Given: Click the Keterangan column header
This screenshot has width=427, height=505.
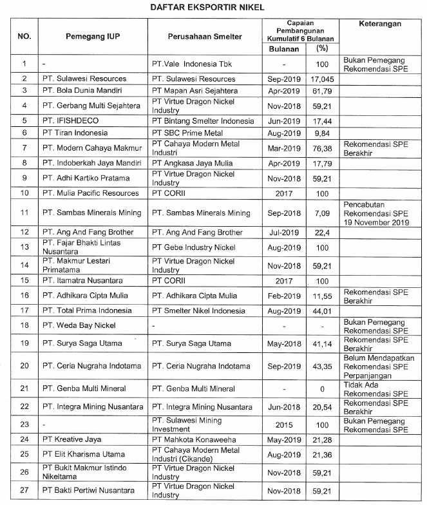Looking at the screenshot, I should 379,24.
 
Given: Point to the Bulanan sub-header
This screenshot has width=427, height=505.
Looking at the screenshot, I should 283,48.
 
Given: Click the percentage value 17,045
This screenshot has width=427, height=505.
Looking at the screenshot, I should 322,79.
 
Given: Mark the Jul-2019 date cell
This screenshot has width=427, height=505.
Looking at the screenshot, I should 283,232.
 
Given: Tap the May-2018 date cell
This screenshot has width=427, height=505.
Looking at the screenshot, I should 283,343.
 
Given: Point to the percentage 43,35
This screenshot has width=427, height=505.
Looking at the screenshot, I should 322,367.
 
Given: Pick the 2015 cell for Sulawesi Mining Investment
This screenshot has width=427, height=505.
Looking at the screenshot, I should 283,426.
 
